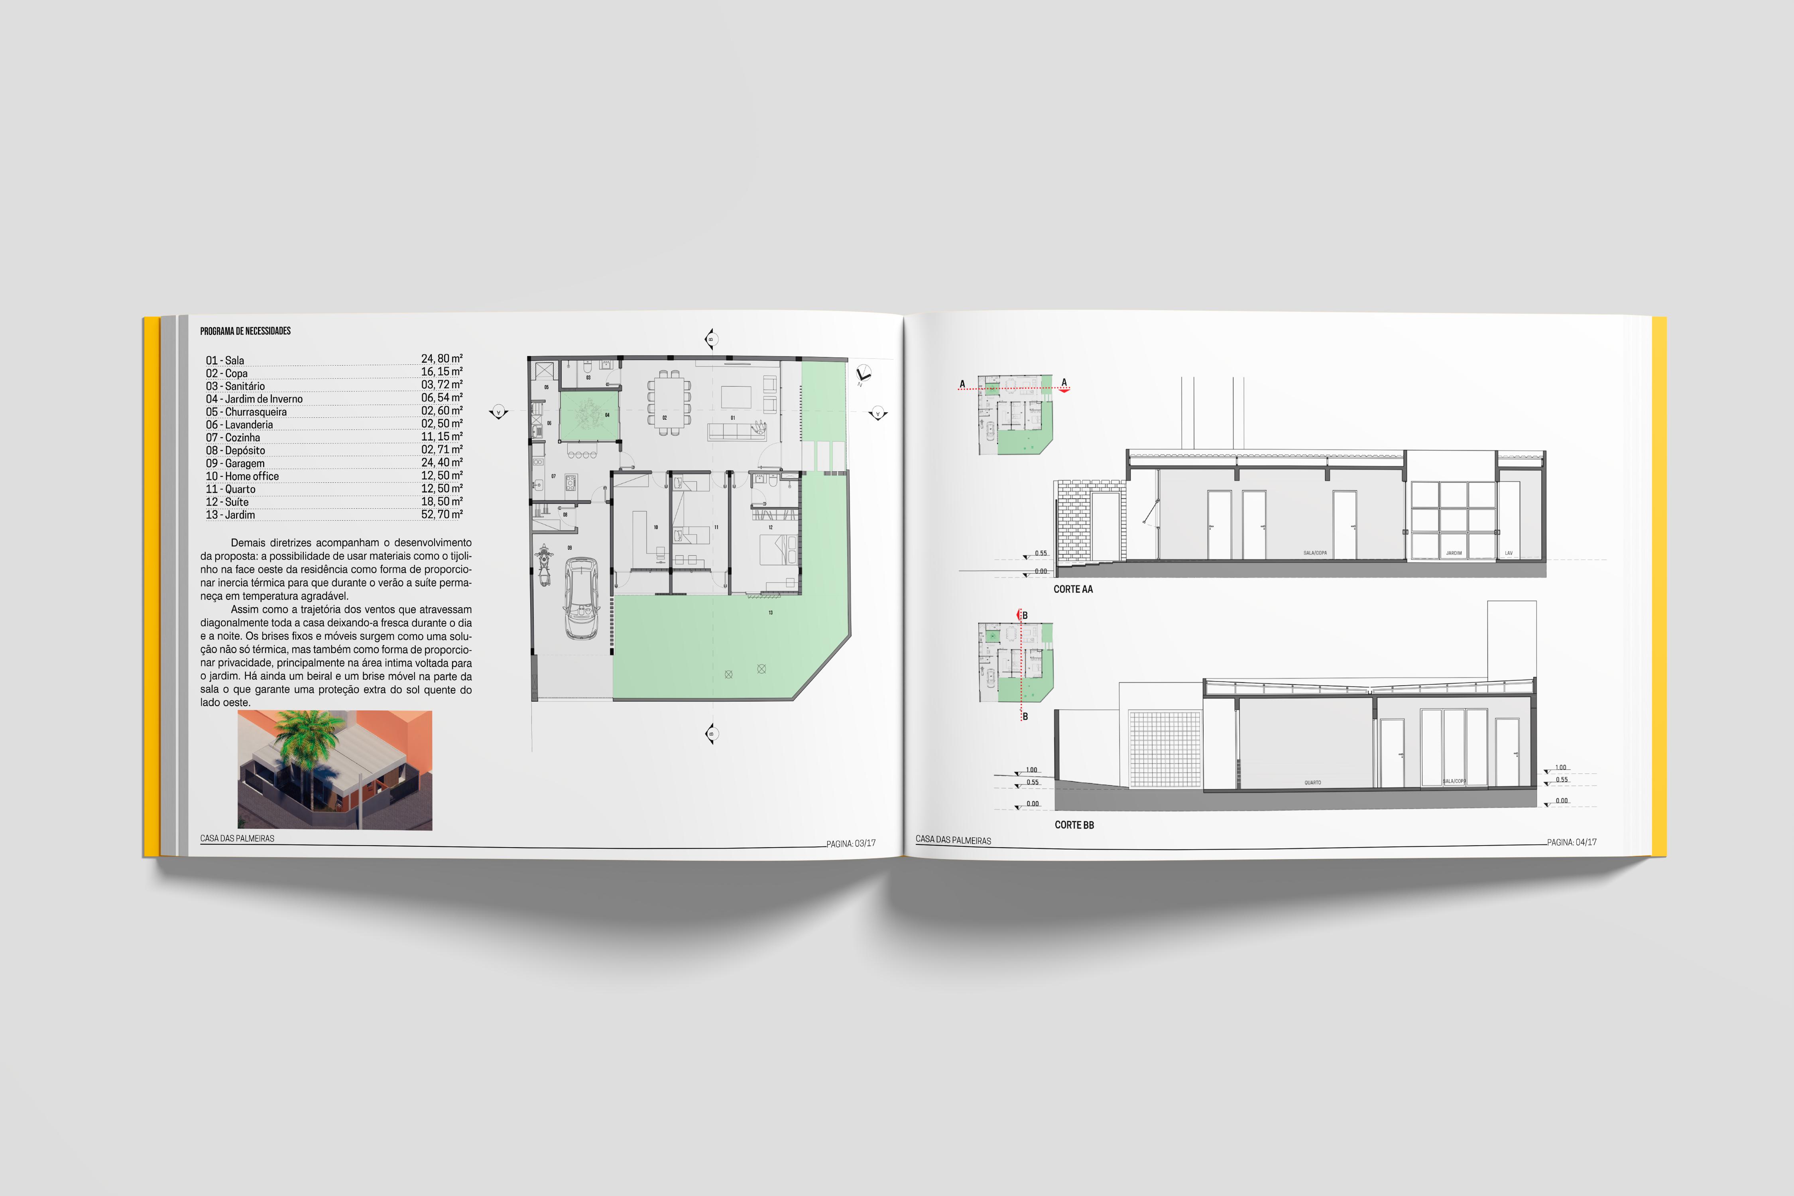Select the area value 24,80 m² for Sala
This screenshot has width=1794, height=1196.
click(x=442, y=358)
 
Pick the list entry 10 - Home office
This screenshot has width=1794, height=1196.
click(x=242, y=476)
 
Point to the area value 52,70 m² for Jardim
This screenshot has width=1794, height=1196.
click(x=442, y=515)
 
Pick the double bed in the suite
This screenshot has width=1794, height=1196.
click(x=779, y=550)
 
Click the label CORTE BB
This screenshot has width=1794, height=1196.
click(x=1074, y=824)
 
